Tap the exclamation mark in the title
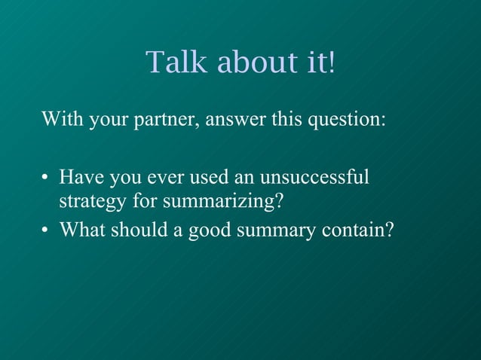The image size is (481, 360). coord(329,63)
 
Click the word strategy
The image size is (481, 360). coord(93,203)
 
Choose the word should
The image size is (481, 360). coord(138,229)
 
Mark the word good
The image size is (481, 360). coord(209,230)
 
